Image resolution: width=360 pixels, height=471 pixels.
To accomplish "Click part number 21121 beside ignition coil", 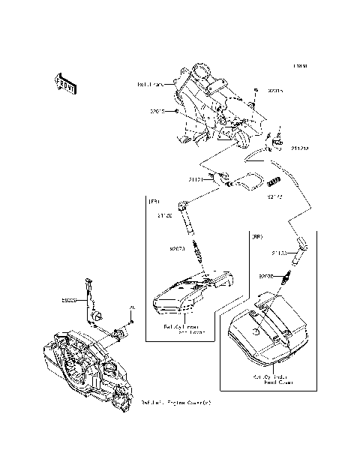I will click(x=196, y=180).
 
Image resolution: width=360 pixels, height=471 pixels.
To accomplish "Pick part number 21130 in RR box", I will click(x=279, y=253).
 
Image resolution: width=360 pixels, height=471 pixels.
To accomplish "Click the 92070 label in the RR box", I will click(x=268, y=276).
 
